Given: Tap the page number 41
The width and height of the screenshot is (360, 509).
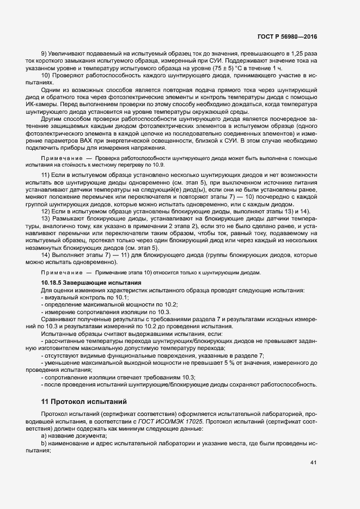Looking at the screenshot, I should pyautogui.click(x=313, y=463).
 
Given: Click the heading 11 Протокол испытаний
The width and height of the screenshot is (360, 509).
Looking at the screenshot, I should pyautogui.click(x=84, y=402).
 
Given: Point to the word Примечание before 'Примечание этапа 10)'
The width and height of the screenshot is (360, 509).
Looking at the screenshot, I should pyautogui.click(x=60, y=272).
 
